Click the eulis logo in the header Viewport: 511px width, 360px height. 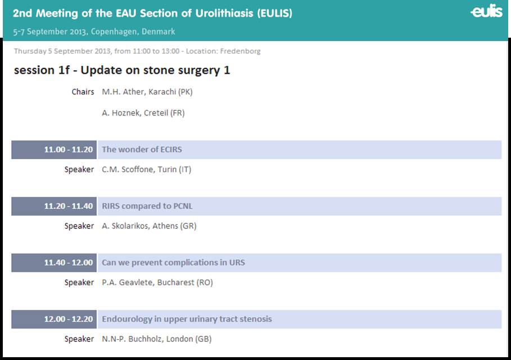coord(487,11)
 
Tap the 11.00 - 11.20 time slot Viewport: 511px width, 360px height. coord(69,150)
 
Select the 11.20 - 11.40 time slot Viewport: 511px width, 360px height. coord(69,206)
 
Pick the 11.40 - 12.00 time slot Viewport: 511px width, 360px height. coord(69,263)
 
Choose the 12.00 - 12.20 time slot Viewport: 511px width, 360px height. coord(69,319)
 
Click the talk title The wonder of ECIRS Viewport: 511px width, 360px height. coord(142,150)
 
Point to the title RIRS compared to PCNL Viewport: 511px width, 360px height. coord(147,206)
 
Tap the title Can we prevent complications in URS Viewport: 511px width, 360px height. coord(173,263)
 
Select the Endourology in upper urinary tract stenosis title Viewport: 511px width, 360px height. coord(187,319)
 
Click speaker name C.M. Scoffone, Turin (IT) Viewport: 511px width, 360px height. coord(146,169)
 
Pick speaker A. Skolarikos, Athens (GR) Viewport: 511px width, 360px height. coord(149,226)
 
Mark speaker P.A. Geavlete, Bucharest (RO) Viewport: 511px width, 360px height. coord(157,282)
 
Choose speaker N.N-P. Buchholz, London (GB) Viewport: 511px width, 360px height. coord(156,339)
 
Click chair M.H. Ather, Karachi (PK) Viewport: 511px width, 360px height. coord(147,92)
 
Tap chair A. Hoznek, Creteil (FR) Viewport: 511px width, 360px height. coord(143,113)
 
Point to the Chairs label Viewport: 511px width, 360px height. coord(83,92)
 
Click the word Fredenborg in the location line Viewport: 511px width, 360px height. coord(240,51)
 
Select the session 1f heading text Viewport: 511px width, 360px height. coord(42,70)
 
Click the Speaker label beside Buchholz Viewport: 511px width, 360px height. coord(79,339)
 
